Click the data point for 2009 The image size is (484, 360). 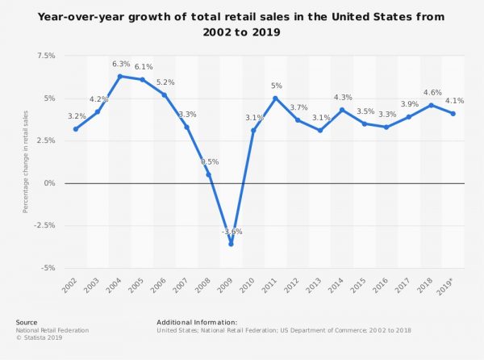pyautogui.click(x=231, y=244)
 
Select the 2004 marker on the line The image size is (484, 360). pyautogui.click(x=119, y=77)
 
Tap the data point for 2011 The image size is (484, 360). pyautogui.click(x=275, y=98)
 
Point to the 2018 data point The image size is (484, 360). pyautogui.click(x=431, y=105)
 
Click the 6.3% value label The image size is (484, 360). pyautogui.click(x=119, y=65)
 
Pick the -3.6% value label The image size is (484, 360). pyautogui.click(x=232, y=232)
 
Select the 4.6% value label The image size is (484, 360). pyautogui.click(x=431, y=93)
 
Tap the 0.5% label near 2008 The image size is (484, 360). pyautogui.click(x=210, y=162)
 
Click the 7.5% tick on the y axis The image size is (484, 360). pyautogui.click(x=45, y=56)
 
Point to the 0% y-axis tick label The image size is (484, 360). pyautogui.click(x=49, y=183)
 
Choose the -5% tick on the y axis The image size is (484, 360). pyautogui.click(x=47, y=268)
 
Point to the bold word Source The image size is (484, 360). pyautogui.click(x=27, y=322)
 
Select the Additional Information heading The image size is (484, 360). pyautogui.click(x=197, y=322)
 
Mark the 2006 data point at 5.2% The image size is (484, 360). pyautogui.click(x=164, y=95)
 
